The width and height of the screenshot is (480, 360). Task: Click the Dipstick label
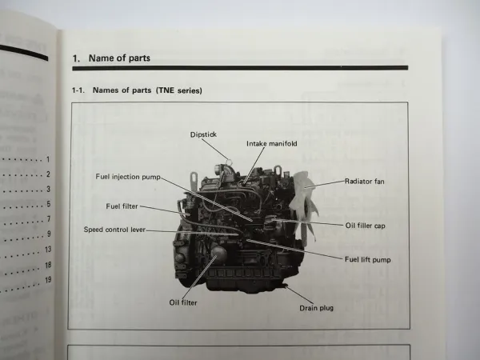(203, 134)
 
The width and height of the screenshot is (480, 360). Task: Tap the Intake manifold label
(272, 143)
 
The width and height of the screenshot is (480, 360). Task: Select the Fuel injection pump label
(128, 177)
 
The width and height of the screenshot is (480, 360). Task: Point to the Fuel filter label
(122, 206)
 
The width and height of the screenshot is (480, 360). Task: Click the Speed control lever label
(114, 230)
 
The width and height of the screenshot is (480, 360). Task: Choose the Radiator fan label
(364, 182)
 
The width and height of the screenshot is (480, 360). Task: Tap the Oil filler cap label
(366, 226)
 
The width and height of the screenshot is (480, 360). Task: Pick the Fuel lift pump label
(368, 260)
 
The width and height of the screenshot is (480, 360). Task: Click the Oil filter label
(183, 302)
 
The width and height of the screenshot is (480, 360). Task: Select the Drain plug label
(316, 308)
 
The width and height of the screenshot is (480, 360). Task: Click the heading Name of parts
(119, 58)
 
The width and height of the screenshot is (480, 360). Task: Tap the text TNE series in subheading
(178, 90)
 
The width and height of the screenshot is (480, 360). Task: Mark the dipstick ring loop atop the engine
(228, 161)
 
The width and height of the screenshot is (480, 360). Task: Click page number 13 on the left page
(48, 250)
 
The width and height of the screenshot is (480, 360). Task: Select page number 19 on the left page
(48, 280)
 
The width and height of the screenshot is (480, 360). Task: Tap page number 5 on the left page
(48, 204)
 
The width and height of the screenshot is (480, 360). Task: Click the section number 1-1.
(78, 90)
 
